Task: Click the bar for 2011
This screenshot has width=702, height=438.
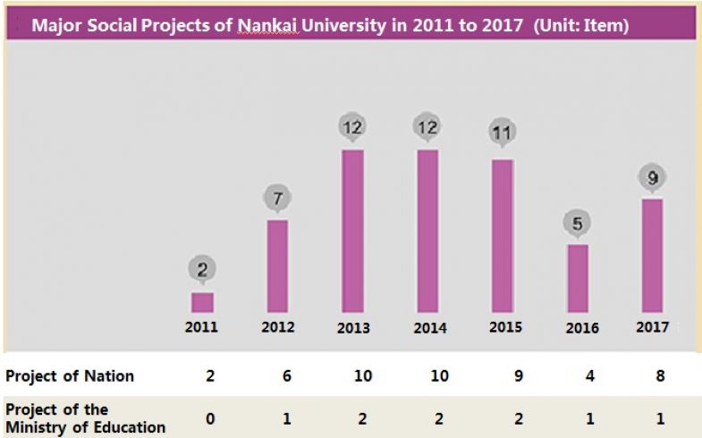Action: [202, 302]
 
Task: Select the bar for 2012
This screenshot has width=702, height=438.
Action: [277, 265]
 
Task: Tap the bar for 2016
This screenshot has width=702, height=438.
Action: [578, 278]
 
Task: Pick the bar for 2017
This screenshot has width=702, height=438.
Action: [653, 255]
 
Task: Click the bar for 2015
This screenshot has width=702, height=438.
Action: [503, 235]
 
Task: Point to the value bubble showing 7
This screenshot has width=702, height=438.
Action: [277, 198]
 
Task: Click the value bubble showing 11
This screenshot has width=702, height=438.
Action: [503, 133]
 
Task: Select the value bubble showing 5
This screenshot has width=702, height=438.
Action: [578, 223]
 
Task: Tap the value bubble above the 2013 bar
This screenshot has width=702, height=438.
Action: [352, 127]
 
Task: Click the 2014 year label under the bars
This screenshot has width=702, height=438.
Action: [429, 328]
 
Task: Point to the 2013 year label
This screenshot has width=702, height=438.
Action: [353, 328]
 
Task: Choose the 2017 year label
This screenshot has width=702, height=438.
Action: [653, 327]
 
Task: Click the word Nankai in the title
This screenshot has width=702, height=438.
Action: [266, 25]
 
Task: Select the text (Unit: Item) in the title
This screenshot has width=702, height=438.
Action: [581, 25]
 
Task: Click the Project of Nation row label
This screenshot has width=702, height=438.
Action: [70, 376]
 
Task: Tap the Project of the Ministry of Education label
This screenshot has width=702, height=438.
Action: [85, 418]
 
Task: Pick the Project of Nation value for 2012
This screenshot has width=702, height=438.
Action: [285, 376]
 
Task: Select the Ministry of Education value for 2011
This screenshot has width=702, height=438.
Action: [209, 418]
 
